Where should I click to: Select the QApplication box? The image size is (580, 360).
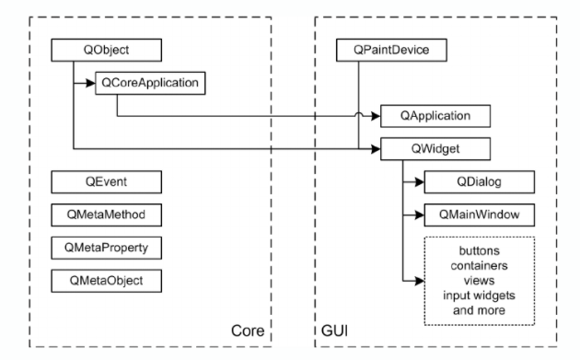[435, 116]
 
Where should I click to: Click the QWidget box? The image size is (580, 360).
[435, 148]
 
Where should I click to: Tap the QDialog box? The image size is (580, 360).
[478, 181]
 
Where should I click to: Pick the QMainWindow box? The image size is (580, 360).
[478, 215]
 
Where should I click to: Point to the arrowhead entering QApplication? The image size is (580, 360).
[377, 116]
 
